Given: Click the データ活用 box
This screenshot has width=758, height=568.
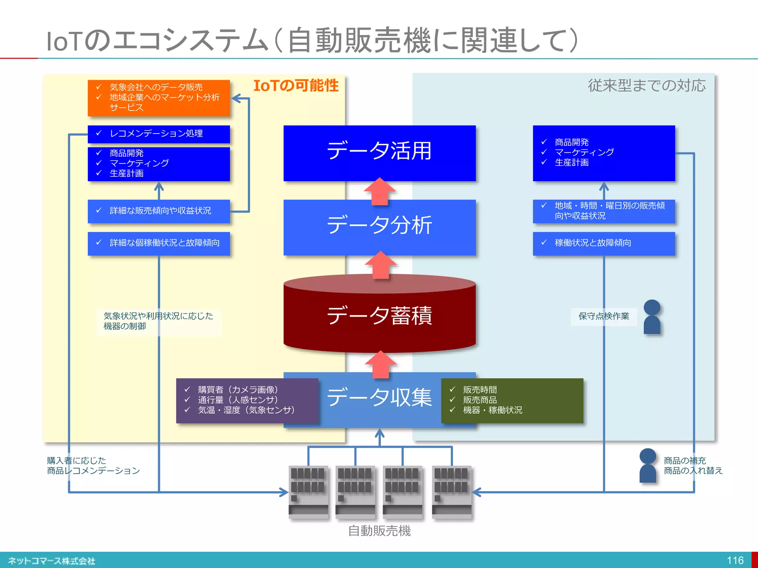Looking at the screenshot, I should (379, 153).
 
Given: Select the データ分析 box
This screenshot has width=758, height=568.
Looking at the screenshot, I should (379, 226).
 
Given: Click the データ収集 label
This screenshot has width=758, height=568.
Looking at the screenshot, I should (379, 398).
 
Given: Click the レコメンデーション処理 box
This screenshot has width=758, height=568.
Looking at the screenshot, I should (159, 134).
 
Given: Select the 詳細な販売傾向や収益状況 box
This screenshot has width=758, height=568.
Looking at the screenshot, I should (159, 211).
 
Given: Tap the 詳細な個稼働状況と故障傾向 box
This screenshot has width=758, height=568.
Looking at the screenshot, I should (159, 243).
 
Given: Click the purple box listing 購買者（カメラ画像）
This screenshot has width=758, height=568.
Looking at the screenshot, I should (247, 400).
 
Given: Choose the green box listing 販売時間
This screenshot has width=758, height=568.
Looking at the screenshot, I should (512, 400).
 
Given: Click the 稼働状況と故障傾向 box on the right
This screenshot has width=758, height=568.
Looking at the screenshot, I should (604, 243).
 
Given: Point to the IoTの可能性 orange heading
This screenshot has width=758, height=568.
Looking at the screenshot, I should (296, 86).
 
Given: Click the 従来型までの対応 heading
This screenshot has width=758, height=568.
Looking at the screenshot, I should (647, 86).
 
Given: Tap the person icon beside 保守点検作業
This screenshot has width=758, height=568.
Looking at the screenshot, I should (652, 317).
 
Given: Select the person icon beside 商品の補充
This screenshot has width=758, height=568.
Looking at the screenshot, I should (648, 466).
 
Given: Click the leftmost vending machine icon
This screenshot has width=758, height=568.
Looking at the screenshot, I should (308, 492).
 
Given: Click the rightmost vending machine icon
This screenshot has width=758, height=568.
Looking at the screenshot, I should (452, 492).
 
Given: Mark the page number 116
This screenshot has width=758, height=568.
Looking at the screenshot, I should (735, 561).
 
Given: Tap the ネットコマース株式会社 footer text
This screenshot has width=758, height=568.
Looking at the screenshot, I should (51, 561).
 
